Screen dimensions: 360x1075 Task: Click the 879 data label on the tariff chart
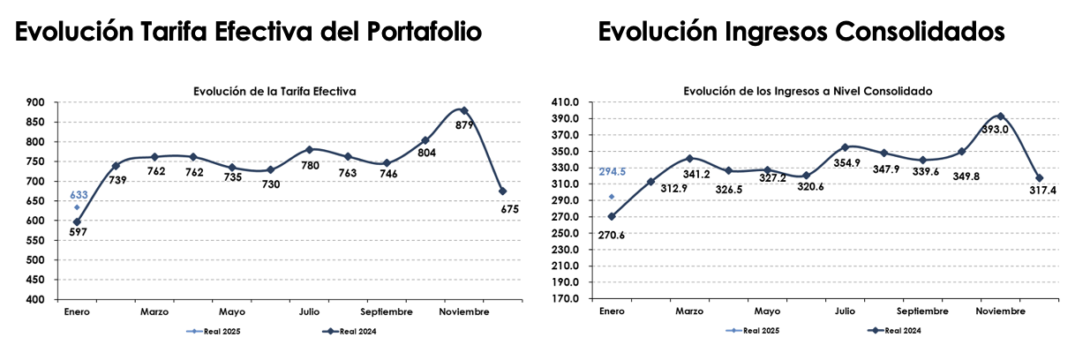[464, 125]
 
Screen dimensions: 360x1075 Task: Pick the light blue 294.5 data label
[612, 172]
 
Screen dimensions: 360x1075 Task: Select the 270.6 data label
[612, 236]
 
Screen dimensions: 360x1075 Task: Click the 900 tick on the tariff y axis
[38, 103]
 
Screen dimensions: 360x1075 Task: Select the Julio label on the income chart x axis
[845, 311]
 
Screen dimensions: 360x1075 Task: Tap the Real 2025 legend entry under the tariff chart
[214, 332]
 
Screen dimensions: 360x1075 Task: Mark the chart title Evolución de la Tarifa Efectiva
[275, 91]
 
